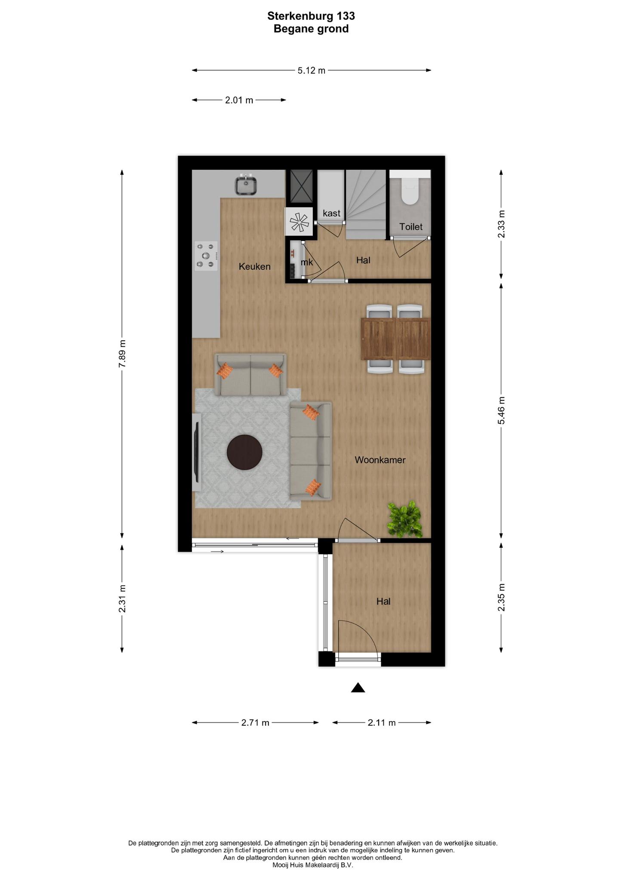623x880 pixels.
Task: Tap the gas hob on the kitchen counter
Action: click(x=206, y=256)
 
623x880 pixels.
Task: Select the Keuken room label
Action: click(x=255, y=267)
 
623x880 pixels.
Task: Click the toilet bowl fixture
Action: click(x=410, y=191)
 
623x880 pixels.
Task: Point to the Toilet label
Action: click(x=411, y=227)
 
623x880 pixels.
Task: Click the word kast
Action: click(x=332, y=213)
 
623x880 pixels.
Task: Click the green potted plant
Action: click(x=405, y=519)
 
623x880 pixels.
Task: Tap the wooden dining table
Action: click(x=396, y=338)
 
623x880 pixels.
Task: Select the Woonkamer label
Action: click(x=380, y=460)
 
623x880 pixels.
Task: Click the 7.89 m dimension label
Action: click(x=122, y=353)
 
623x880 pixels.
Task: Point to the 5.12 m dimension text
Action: click(x=311, y=70)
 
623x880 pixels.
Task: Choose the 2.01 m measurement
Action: click(x=239, y=101)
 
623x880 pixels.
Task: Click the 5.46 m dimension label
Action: click(x=501, y=410)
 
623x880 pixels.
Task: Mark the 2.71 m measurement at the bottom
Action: click(x=255, y=723)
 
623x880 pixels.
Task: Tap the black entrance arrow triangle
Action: click(x=358, y=688)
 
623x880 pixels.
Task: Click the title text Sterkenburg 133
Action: click(x=311, y=16)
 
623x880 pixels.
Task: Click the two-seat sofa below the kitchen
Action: click(x=250, y=375)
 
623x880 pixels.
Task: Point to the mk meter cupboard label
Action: click(x=307, y=262)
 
